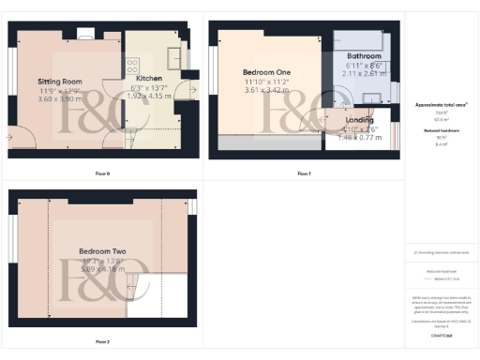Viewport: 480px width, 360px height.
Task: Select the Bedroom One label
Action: [265, 72]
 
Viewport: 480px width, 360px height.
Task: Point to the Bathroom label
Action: [364, 56]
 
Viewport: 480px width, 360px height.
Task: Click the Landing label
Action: [359, 120]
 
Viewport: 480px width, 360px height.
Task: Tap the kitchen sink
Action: [173, 52]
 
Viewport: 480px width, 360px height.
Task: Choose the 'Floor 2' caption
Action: [103, 342]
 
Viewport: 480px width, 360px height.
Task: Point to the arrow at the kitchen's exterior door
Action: [191, 73]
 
